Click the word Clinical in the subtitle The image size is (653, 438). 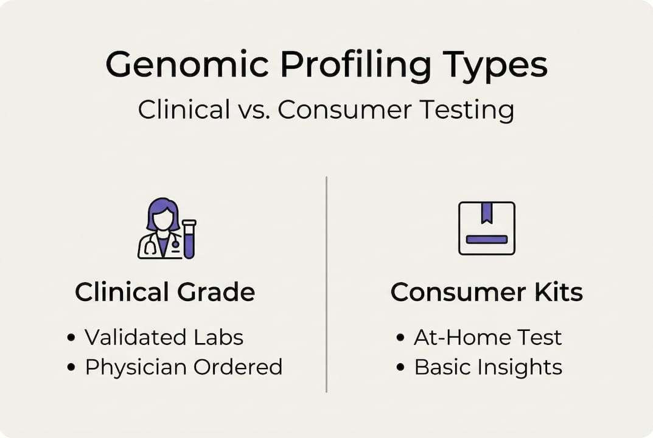184,109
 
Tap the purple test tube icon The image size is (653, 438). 189,239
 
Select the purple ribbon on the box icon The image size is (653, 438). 486,213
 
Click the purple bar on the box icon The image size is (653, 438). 486,240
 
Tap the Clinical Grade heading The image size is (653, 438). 165,292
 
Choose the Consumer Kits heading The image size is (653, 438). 486,292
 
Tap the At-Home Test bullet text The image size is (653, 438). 487,337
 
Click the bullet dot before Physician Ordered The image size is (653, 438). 71,367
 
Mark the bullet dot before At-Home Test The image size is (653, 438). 400,337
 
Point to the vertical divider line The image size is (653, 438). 326,284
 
